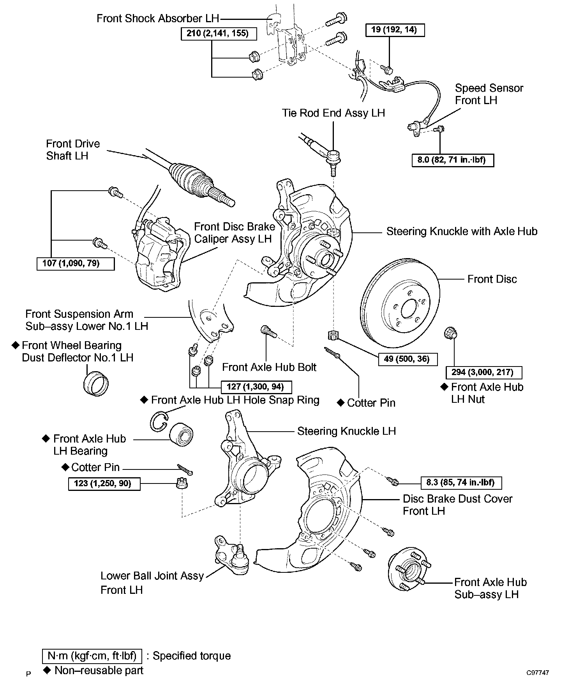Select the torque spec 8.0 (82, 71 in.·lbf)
(453, 160)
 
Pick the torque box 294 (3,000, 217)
(484, 372)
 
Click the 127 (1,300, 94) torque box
(256, 387)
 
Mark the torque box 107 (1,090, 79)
(76, 264)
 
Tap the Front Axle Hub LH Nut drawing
(451, 334)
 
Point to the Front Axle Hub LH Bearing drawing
(182, 433)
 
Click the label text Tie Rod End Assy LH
(333, 113)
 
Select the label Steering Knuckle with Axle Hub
(462, 232)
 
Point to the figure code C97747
(538, 673)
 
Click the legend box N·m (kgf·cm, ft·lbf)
(92, 656)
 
